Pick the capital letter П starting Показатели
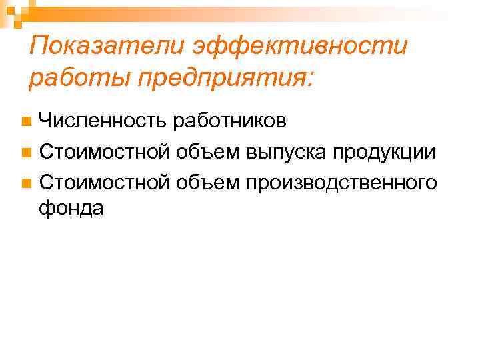[x=41, y=47]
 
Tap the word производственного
[x=341, y=182]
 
